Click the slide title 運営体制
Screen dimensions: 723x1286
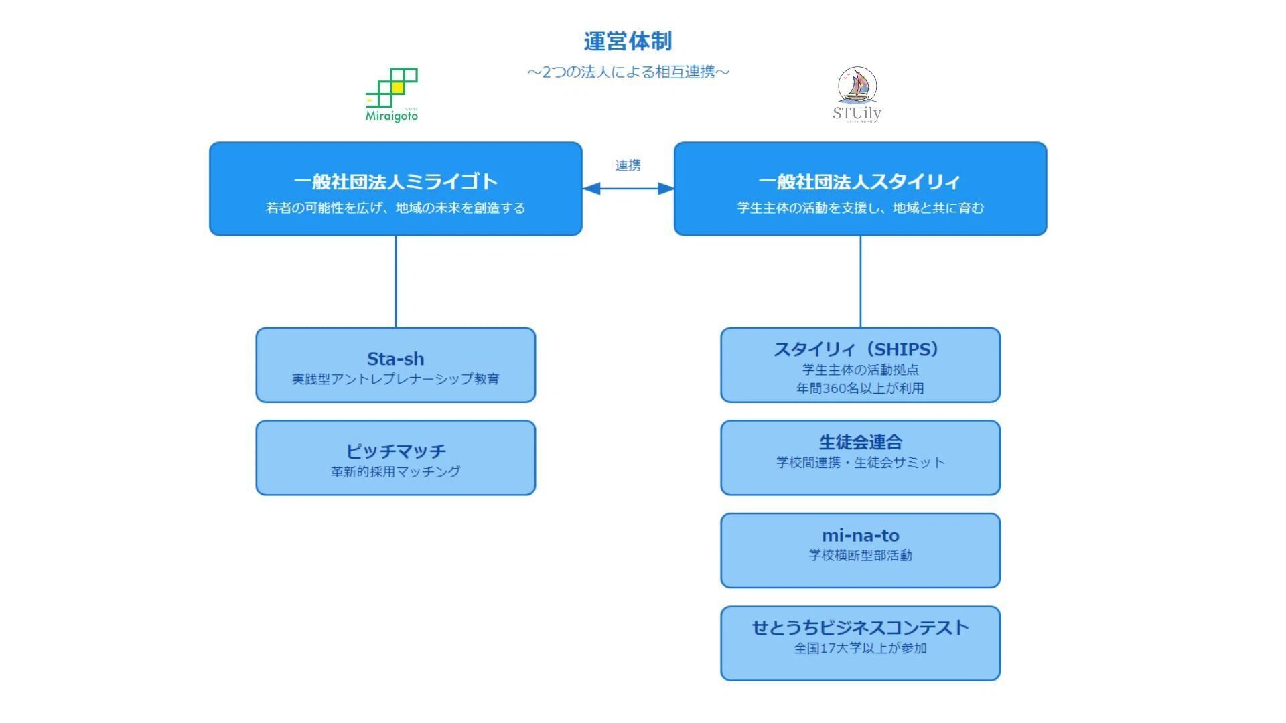(628, 42)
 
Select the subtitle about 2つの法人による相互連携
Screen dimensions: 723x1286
(628, 72)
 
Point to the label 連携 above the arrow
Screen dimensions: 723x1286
(628, 165)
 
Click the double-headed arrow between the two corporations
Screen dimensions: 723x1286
(628, 189)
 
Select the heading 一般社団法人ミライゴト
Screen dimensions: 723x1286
(395, 181)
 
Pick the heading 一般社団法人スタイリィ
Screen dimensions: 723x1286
(860, 181)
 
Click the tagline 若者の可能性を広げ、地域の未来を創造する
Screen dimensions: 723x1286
(395, 208)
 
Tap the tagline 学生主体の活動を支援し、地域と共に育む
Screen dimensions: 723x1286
(860, 208)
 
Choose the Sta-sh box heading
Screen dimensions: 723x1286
(395, 359)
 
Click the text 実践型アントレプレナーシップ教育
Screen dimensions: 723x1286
(395, 379)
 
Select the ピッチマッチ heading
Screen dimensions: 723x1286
(395, 451)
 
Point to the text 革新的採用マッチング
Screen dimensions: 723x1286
(395, 472)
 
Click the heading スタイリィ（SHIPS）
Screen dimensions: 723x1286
(860, 349)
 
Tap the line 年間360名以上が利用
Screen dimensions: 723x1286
(860, 388)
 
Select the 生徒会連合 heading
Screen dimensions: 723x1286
(860, 443)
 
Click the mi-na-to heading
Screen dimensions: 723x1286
(860, 536)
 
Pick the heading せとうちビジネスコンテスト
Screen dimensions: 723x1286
(860, 628)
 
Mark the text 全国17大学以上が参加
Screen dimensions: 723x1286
(860, 648)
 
